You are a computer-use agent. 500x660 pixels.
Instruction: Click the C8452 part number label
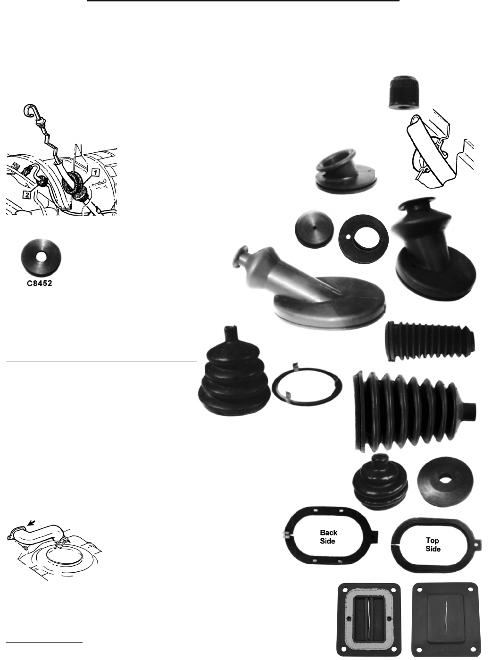39,283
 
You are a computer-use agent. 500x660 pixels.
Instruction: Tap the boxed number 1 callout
95,173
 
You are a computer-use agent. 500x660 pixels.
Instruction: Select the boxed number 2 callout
27,195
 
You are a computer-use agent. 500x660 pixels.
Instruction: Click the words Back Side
328,537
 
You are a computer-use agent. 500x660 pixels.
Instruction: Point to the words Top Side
433,544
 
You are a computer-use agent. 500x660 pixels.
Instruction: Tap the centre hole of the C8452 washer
41,257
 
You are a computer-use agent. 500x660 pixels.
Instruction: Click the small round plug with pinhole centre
314,229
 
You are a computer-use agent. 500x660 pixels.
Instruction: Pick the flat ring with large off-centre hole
363,239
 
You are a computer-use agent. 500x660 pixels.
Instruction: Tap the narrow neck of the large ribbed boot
469,412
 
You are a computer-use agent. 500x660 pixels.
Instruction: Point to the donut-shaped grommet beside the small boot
445,482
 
